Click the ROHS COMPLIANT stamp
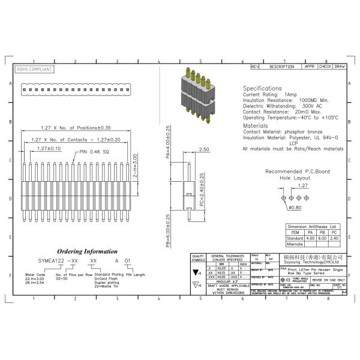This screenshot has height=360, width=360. tap(34, 70)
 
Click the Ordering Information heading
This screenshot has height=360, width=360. tap(87, 251)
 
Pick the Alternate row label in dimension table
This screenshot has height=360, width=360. tap(295, 244)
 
